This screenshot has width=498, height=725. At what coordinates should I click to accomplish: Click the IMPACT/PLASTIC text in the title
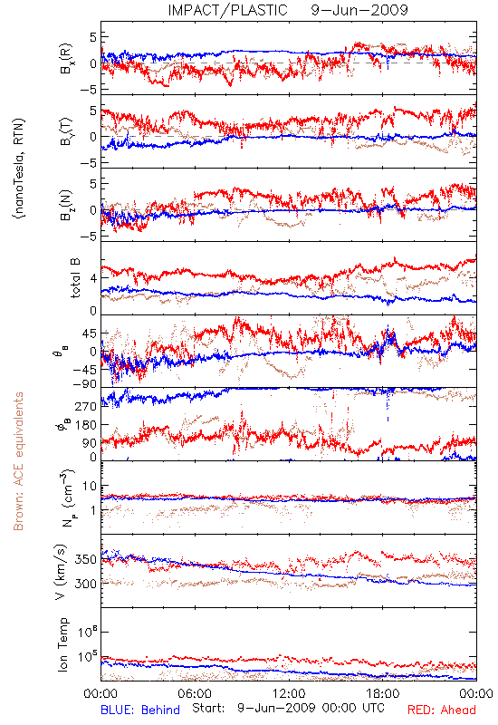[x=227, y=10]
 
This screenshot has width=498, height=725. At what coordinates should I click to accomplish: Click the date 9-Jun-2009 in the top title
[x=359, y=10]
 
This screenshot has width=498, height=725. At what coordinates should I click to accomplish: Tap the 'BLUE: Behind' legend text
[x=140, y=710]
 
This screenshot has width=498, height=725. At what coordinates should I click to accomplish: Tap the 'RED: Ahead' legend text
[x=441, y=710]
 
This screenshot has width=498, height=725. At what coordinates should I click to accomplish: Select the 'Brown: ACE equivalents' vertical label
[x=18, y=461]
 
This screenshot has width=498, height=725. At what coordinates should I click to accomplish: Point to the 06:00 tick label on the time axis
[x=195, y=693]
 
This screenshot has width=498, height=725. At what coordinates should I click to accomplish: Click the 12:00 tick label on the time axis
[x=289, y=693]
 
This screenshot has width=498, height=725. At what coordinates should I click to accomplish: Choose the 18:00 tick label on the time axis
[x=383, y=693]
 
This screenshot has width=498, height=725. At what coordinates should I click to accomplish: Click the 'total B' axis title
[x=75, y=278]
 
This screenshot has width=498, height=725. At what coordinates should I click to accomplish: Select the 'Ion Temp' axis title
[x=63, y=644]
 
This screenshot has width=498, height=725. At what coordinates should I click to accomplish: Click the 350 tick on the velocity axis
[x=86, y=559]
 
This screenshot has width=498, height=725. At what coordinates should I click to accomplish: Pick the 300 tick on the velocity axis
[x=86, y=584]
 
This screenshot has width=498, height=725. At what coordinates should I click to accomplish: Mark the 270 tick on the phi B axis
[x=86, y=406]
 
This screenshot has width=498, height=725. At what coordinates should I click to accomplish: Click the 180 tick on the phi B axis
[x=86, y=425]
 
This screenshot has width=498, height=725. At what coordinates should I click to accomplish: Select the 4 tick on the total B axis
[x=94, y=278]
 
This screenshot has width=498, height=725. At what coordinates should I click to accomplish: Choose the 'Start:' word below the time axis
[x=208, y=709]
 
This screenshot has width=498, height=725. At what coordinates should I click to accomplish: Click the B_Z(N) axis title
[x=67, y=205]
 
